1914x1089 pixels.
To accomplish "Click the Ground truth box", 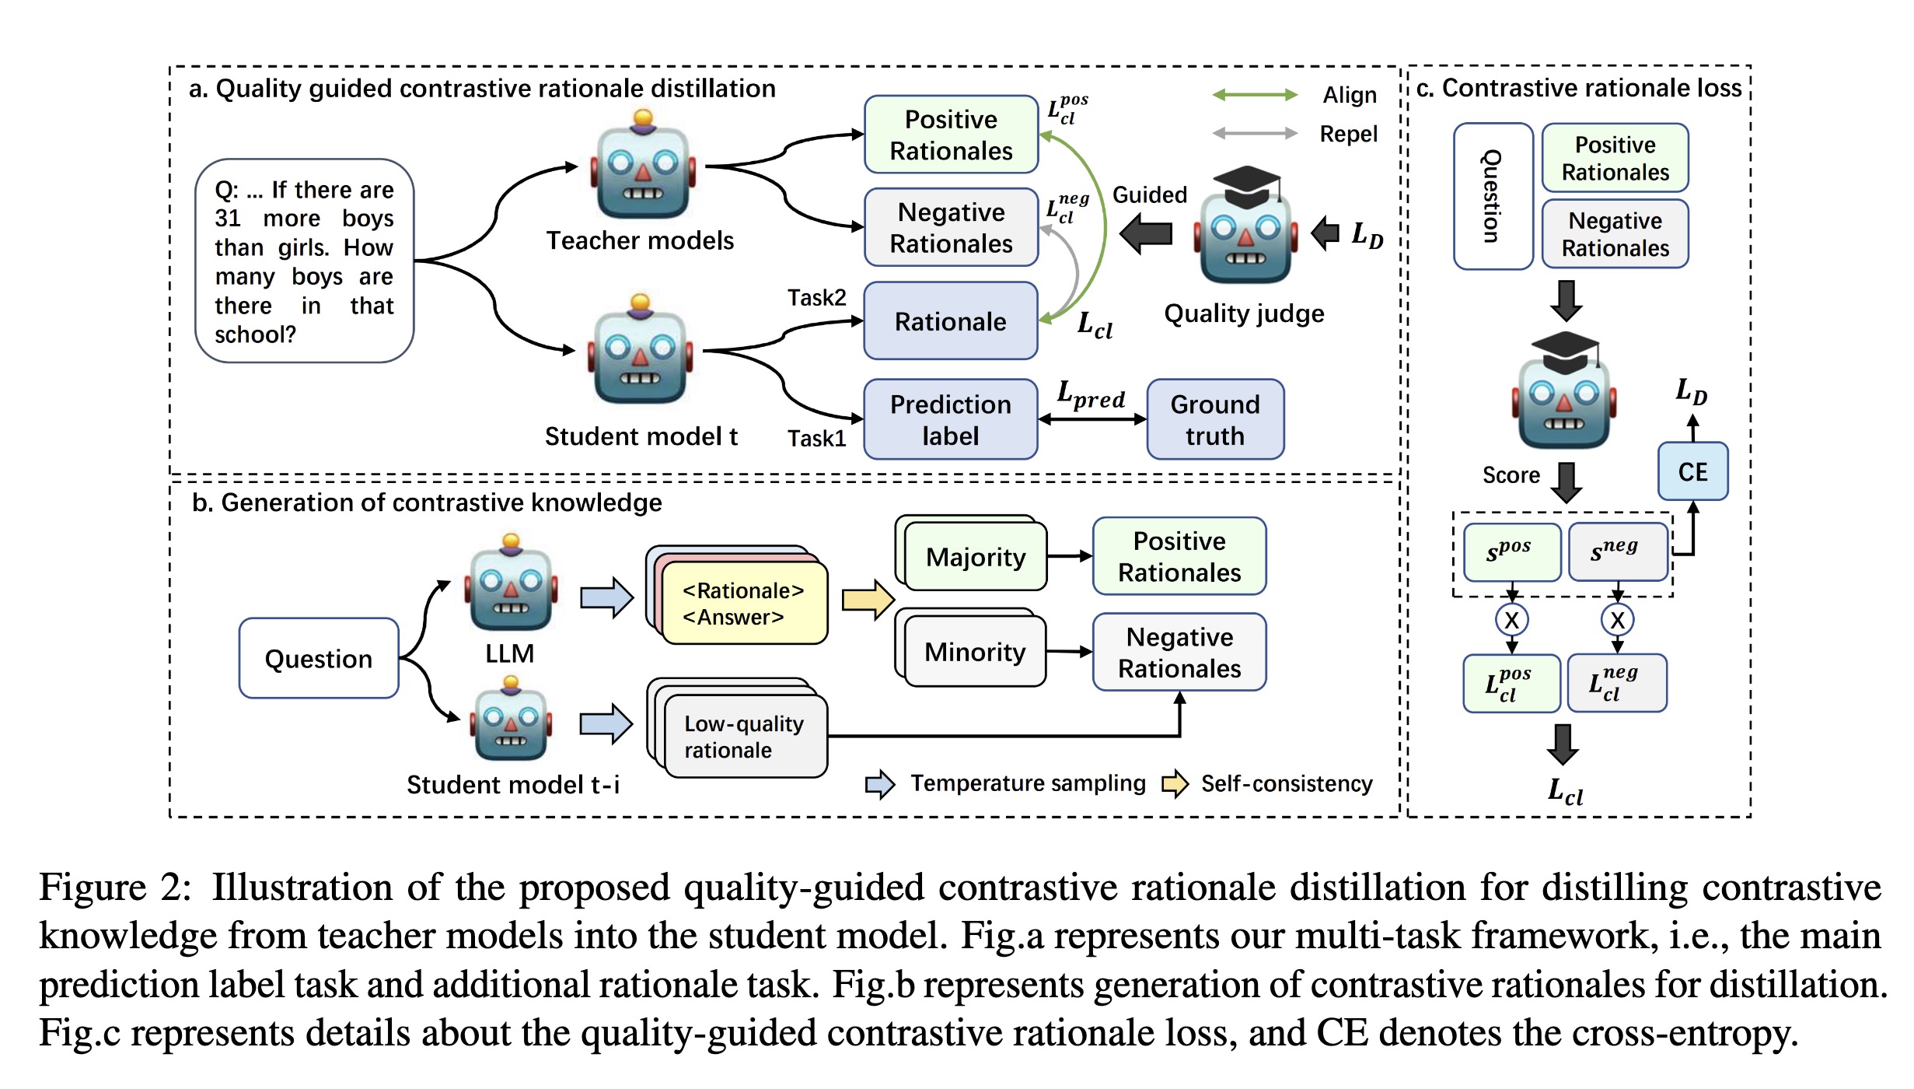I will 1214,419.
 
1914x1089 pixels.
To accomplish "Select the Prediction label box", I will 950,419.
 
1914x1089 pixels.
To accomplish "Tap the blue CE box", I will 1692,471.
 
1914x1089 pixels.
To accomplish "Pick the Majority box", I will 976,557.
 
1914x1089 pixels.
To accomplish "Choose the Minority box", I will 975,652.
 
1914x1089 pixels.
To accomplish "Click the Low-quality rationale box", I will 745,736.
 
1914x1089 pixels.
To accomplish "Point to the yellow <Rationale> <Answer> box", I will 743,604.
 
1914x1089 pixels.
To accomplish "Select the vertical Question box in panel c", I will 1492,196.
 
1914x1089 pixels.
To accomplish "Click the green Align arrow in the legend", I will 1255,95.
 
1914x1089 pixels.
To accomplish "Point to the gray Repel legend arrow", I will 1255,133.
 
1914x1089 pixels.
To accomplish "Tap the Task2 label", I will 816,297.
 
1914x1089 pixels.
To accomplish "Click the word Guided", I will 1149,194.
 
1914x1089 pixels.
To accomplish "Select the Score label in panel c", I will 1511,475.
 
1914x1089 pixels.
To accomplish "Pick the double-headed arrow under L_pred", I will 1091,419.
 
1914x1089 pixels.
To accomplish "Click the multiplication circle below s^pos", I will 1511,620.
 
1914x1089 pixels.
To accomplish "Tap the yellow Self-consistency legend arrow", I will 1175,783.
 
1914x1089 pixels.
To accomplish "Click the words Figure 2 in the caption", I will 114,888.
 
